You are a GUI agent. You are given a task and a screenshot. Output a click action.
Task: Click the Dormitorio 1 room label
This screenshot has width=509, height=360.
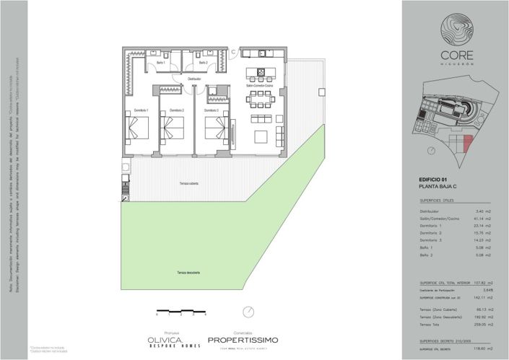[x=141, y=110]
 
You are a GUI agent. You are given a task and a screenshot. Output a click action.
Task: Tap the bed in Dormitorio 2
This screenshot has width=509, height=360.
[x=173, y=128]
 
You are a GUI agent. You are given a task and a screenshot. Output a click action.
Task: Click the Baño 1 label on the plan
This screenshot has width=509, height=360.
[x=160, y=63]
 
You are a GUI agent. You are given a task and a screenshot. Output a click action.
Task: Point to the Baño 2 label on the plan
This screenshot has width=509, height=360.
[x=203, y=63]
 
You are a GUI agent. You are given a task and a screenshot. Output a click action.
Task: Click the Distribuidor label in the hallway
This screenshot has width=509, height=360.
[x=193, y=78]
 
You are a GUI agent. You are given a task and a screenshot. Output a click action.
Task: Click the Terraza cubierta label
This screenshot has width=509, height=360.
[x=189, y=185]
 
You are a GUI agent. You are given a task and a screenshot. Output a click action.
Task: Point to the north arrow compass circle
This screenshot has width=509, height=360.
[x=249, y=311]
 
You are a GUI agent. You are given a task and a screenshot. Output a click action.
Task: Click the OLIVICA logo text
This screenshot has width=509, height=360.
[x=165, y=338]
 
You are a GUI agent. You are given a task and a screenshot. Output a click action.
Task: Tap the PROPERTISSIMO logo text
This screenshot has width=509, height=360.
[x=242, y=338]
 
